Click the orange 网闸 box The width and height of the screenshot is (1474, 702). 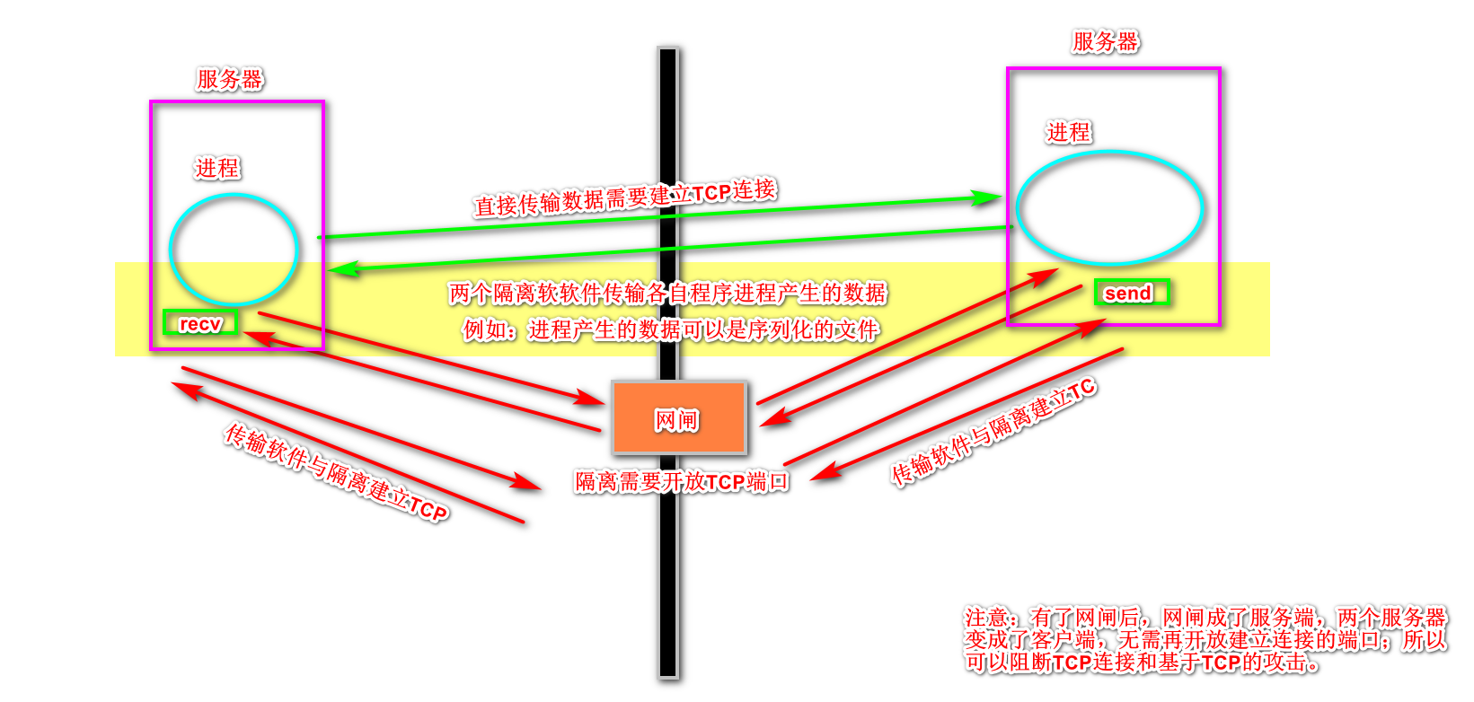pos(679,418)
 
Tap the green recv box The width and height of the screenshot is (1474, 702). pos(200,323)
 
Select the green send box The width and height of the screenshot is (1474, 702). pos(1132,293)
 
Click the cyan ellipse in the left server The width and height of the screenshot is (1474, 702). pos(234,250)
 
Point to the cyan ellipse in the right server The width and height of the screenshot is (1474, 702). pos(1109,207)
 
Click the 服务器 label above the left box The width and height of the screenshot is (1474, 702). pos(229,79)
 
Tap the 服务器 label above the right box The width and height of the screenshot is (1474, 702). pos(1105,41)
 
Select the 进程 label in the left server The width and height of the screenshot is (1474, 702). pos(217,168)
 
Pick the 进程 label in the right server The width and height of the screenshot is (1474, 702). pos(1069,133)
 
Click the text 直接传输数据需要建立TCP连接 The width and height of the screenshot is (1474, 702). pos(624,197)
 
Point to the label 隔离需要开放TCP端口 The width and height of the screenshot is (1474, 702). pos(682,482)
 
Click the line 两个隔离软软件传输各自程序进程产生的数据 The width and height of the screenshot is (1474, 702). pos(667,293)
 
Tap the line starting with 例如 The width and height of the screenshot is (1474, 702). pos(670,330)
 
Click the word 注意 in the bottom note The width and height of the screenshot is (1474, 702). pos(986,618)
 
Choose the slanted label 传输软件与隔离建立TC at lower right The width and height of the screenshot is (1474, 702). pos(993,433)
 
